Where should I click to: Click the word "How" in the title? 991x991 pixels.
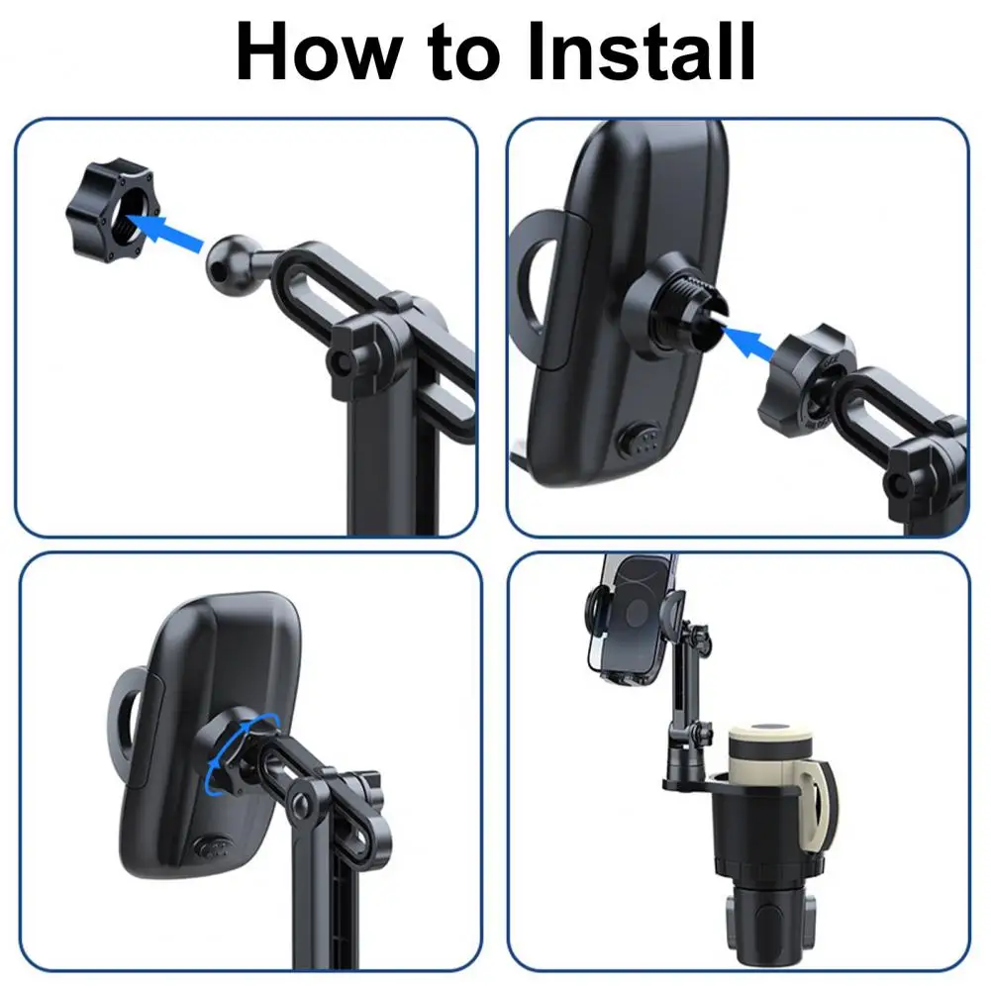tap(319, 51)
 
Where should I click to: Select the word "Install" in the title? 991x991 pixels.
tap(641, 51)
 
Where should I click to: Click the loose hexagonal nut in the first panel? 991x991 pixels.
tap(109, 211)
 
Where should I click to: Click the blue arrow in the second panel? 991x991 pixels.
tap(748, 342)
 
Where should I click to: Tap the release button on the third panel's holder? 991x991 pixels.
tap(215, 846)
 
